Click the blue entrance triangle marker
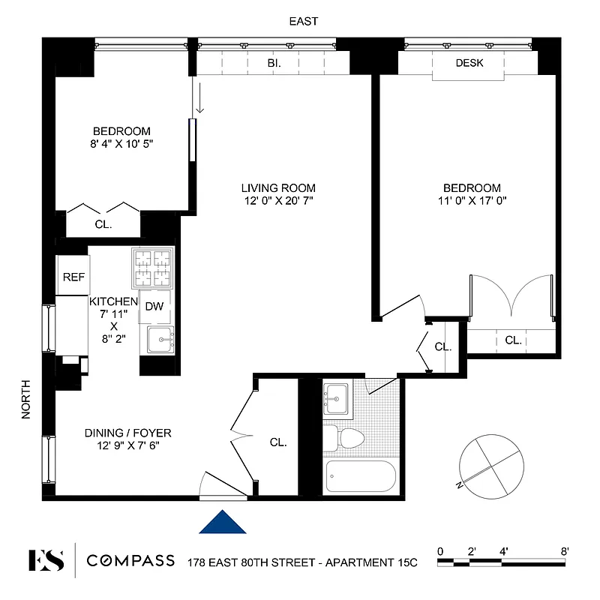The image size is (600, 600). (223, 523)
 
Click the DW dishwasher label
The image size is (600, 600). (154, 306)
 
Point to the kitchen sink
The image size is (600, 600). (160, 340)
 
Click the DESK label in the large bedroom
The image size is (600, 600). (469, 64)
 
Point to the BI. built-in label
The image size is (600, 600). (274, 64)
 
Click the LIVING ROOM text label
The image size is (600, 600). (278, 187)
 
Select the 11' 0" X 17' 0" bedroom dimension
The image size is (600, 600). (472, 201)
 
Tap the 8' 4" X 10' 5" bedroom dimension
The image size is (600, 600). (121, 143)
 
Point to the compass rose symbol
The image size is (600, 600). (487, 465)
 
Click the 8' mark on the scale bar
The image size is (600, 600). (563, 550)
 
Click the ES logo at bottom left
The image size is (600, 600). (45, 561)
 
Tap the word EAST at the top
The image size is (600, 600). (304, 21)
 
